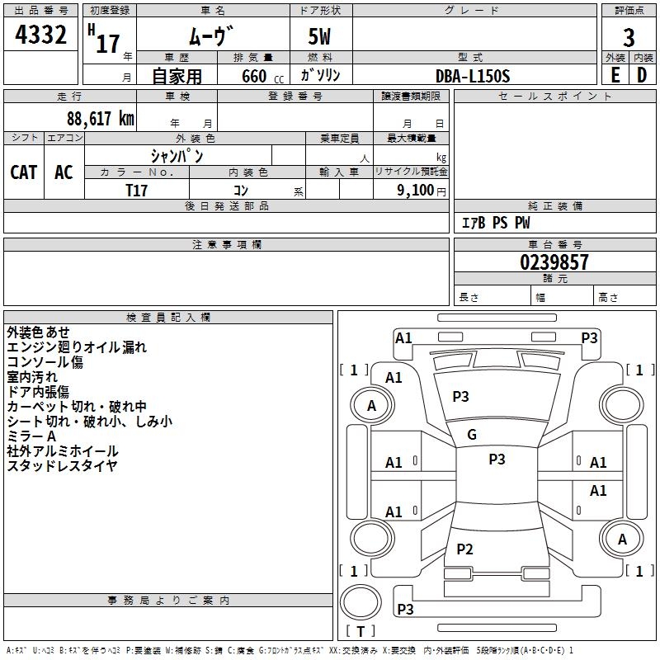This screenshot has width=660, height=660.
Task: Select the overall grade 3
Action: coord(629,38)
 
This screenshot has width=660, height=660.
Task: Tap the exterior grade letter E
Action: coord(615,75)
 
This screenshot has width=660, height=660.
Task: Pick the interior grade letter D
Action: coord(642,75)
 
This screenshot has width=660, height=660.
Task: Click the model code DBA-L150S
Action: coord(473,76)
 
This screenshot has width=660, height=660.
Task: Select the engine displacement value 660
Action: coord(253,76)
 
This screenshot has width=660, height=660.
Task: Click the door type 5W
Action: coord(320,38)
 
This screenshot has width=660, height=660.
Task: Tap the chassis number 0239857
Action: coord(554,262)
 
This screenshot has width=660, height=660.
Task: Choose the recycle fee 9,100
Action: coord(417,190)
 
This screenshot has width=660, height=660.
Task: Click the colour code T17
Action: coord(137,190)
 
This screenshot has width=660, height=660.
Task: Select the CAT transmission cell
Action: coord(24,172)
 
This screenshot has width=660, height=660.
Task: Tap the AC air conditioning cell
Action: coord(64,172)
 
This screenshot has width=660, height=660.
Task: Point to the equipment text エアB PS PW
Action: coord(495,223)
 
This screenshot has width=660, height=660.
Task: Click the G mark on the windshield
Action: coord(472,435)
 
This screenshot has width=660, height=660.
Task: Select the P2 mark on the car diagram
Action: coord(465,549)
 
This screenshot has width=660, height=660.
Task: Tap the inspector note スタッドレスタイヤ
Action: coord(63,466)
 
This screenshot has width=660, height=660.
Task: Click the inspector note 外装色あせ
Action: coord(39,332)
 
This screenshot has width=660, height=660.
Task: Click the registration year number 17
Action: coord(108,43)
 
